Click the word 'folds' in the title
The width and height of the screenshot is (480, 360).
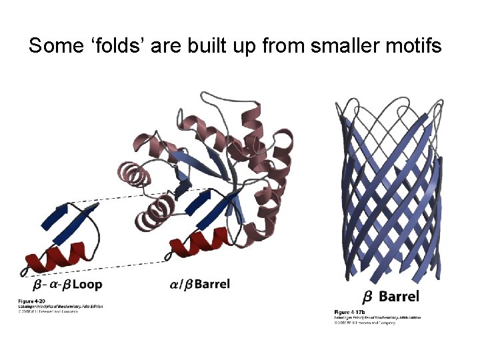109,46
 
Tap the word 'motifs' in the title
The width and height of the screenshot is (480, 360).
417,46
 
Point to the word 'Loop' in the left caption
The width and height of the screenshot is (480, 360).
87,285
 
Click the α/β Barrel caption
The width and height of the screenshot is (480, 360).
200,284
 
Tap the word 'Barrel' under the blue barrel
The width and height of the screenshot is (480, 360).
400,296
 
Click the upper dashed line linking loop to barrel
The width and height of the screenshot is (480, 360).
133,197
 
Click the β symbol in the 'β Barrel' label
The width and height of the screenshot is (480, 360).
367,297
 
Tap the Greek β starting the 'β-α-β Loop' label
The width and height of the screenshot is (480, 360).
28,285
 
